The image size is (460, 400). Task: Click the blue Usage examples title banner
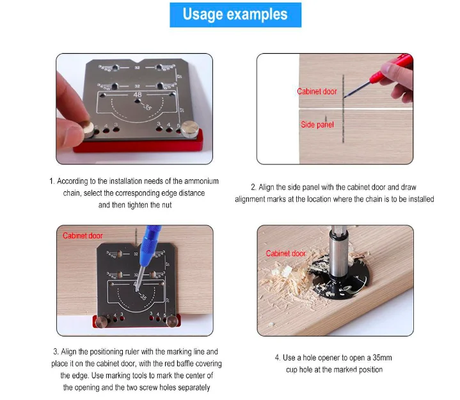tap(235, 15)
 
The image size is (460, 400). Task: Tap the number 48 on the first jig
tap(138, 95)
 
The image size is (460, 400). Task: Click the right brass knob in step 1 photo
tap(190, 129)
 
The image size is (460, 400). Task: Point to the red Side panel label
tap(317, 125)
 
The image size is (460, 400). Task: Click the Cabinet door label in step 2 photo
tap(317, 92)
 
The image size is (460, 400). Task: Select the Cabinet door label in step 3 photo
tap(83, 236)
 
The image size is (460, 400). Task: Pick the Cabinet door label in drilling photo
tap(286, 253)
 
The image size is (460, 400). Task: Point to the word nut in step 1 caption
tap(166, 205)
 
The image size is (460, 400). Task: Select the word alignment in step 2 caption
tap(250, 199)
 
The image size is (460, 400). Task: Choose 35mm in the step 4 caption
tap(382, 358)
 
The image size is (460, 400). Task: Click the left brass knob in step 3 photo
tap(101, 321)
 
